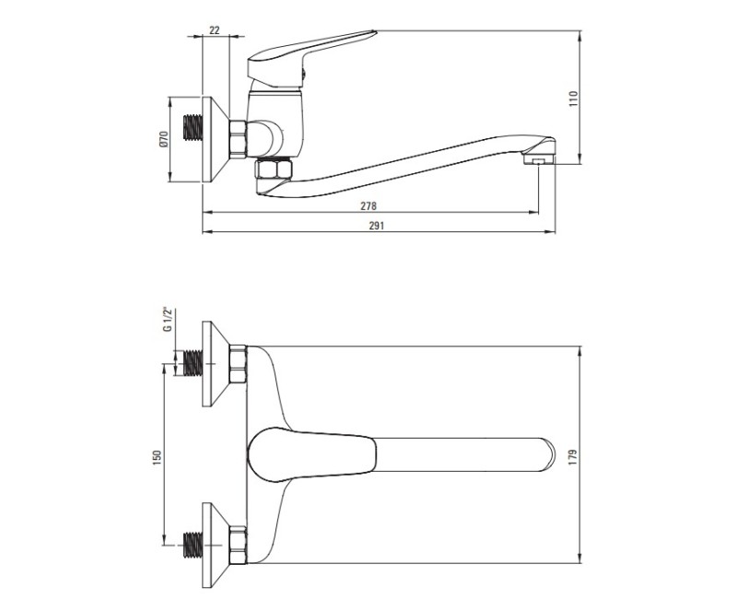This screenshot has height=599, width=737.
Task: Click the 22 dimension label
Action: click(x=215, y=30)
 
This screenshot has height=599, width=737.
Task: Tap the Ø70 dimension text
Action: click(x=163, y=139)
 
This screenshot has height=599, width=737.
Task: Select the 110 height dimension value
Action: click(x=573, y=99)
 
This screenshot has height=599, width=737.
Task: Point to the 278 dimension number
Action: click(x=368, y=206)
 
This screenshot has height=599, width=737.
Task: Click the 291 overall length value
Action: click(x=376, y=226)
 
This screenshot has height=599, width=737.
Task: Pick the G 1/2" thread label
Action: click(x=168, y=320)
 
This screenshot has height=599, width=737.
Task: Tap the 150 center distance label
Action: click(x=157, y=457)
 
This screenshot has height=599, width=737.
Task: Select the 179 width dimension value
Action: click(x=572, y=457)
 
